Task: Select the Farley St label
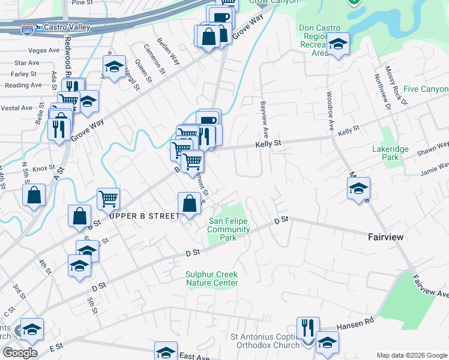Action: pos(24,74)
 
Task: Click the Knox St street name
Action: pos(43,169)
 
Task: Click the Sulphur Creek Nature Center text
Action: pos(211,278)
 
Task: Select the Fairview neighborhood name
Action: pos(385,238)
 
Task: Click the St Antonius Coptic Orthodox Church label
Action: pos(265,341)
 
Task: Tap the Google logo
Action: pos(19,353)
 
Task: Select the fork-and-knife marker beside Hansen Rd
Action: pos(307,328)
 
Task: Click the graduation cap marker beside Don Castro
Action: pos(339,44)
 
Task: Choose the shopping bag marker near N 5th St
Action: pos(34,194)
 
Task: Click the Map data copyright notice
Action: pos(411,355)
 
